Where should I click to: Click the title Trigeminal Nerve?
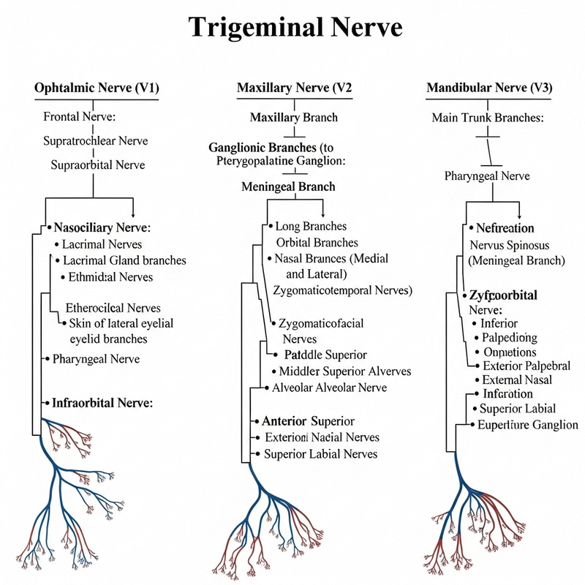pyautogui.click(x=295, y=27)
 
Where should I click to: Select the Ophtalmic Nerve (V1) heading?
pyautogui.click(x=97, y=88)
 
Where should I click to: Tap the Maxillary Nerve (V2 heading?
pyautogui.click(x=294, y=88)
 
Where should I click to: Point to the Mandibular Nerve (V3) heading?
pyautogui.click(x=489, y=88)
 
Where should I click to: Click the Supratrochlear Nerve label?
pyautogui.click(x=96, y=140)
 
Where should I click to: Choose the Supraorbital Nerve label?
pyautogui.click(x=98, y=165)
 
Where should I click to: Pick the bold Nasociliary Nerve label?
pyautogui.click(x=102, y=227)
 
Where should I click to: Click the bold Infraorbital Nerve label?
pyautogui.click(x=102, y=402)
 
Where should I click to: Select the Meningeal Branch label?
pyautogui.click(x=288, y=186)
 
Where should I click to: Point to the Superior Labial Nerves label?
pyautogui.click(x=321, y=454)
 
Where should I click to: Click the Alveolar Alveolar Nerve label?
pyautogui.click(x=329, y=388)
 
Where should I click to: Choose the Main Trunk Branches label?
pyautogui.click(x=488, y=117)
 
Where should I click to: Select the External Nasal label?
pyautogui.click(x=517, y=380)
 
